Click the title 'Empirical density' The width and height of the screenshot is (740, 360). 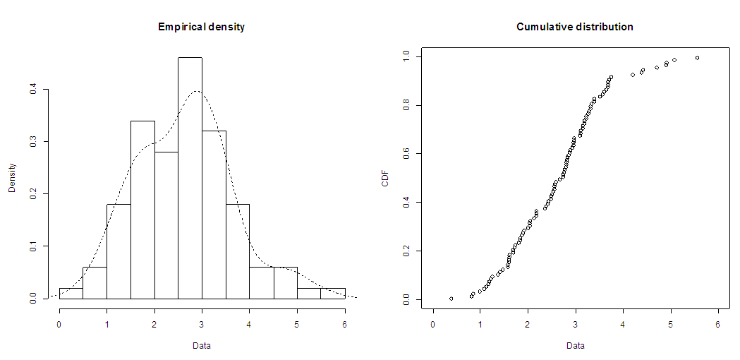(201, 27)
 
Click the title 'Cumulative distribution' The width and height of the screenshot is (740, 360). (574, 27)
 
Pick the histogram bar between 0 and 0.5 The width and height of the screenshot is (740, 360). (71, 294)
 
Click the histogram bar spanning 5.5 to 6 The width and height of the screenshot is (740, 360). (333, 294)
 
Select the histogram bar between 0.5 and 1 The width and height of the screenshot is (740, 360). (95, 283)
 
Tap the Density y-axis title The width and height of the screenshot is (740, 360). (12, 178)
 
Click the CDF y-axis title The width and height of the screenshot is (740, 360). (385, 178)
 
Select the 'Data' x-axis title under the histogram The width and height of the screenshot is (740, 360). (202, 346)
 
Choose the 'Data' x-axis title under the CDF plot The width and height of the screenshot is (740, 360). (575, 346)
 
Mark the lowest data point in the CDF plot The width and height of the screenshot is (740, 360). (451, 299)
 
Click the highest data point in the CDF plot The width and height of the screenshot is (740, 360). (697, 58)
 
